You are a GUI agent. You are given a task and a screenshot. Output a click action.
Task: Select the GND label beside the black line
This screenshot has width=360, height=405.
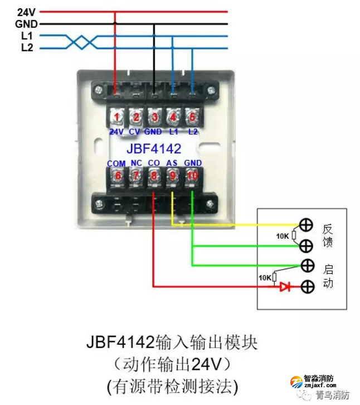pos(26,24)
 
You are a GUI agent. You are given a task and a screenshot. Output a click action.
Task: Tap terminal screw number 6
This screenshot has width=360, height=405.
pos(116,176)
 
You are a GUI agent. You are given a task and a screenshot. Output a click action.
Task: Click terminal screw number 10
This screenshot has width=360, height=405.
pos(192,176)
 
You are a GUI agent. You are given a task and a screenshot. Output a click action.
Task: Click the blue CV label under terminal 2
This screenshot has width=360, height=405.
pos(135,132)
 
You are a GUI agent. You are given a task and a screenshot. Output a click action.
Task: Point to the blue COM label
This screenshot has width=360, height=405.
pos(116,163)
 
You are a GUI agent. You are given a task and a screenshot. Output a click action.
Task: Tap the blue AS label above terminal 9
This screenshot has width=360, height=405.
pos(173,163)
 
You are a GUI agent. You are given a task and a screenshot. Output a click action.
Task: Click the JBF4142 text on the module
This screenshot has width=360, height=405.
pos(153,149)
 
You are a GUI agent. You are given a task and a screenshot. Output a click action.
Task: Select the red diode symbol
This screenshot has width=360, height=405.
pos(285,287)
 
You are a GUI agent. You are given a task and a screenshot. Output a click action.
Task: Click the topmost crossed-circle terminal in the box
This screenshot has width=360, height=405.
pos(306,225)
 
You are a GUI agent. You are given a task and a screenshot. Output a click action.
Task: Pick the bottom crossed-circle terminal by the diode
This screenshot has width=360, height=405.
pos(306,287)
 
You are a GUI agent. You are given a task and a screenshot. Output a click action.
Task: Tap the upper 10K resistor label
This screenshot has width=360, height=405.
pos(283,236)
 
